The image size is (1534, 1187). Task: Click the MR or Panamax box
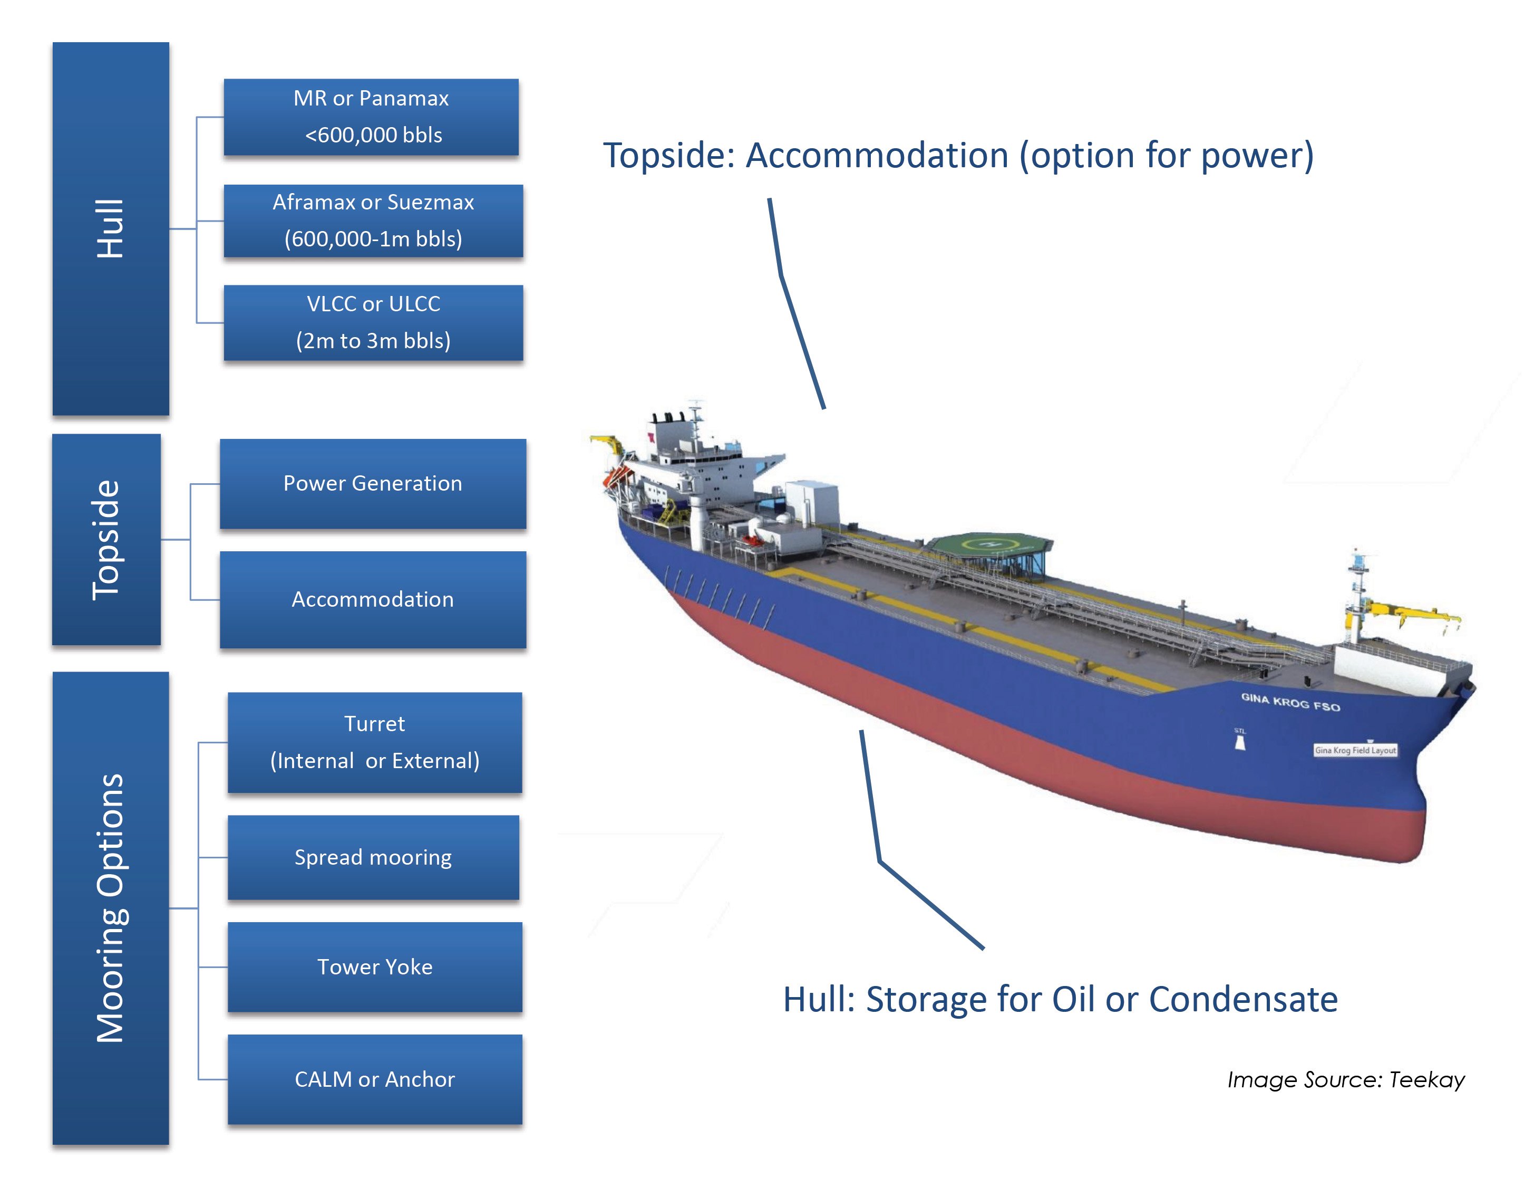[371, 117]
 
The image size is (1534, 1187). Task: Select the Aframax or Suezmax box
[373, 221]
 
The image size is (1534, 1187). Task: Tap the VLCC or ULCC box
[373, 322]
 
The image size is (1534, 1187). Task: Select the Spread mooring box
[373, 857]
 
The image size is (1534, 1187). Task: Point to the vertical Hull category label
[110, 228]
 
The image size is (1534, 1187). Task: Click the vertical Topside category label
[106, 540]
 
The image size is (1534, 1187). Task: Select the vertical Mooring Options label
[110, 908]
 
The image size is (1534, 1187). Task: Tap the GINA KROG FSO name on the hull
[1290, 701]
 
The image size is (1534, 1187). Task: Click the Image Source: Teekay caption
[1346, 1079]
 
